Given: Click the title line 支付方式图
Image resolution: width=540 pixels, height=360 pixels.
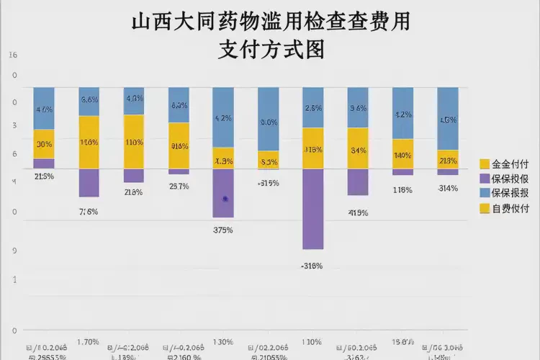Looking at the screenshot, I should point(270,49).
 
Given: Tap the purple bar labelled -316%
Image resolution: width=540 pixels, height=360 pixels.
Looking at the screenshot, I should point(312,209).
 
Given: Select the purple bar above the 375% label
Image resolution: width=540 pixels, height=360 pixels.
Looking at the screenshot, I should point(224,193).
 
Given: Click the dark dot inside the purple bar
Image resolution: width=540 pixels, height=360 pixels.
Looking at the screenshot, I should point(225,198).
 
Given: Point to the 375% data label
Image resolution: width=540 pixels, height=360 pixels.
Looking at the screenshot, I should point(224,230).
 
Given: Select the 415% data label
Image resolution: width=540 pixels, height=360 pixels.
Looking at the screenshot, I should point(358,212).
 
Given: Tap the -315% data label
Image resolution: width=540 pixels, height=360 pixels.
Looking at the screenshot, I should point(268,182).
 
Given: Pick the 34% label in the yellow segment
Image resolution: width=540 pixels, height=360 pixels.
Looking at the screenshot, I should point(358,150).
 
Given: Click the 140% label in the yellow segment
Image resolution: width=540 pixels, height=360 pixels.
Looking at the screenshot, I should point(402,155).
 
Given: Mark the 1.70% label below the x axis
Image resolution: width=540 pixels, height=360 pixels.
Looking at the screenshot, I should point(88,341).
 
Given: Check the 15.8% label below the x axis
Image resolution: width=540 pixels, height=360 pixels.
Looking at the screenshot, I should point(402,341).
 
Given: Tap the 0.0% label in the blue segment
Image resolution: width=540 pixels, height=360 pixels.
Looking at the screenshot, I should point(268,122).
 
